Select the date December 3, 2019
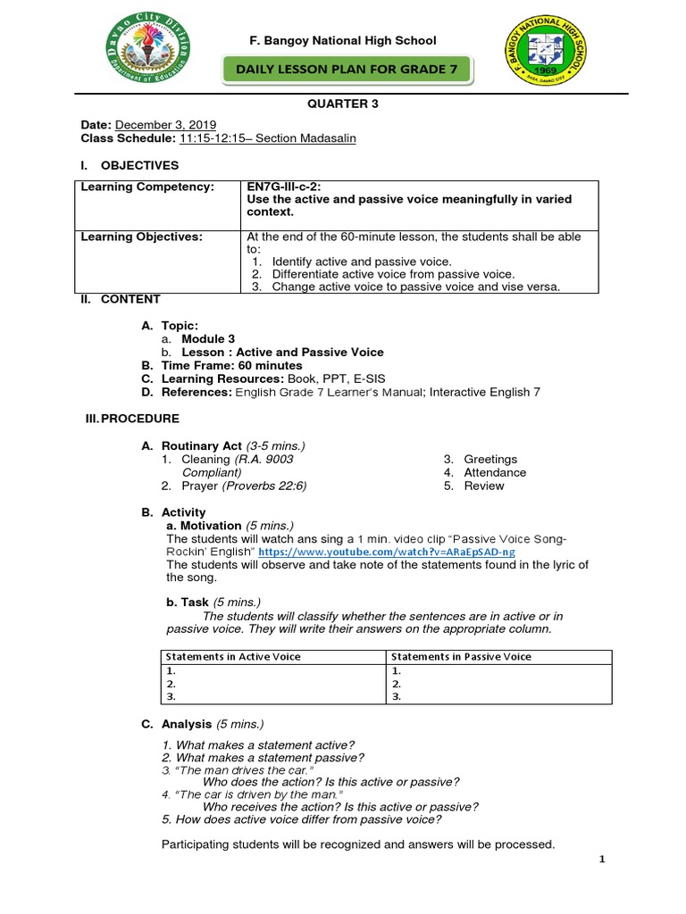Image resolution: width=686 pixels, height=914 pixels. pyautogui.click(x=165, y=125)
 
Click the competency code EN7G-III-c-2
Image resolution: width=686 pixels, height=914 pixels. pyautogui.click(x=288, y=186)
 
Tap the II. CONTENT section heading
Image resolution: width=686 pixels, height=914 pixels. pyautogui.click(x=121, y=299)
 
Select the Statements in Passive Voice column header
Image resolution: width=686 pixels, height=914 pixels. pyautogui.click(x=461, y=656)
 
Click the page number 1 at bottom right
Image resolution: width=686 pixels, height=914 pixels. pyautogui.click(x=602, y=860)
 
